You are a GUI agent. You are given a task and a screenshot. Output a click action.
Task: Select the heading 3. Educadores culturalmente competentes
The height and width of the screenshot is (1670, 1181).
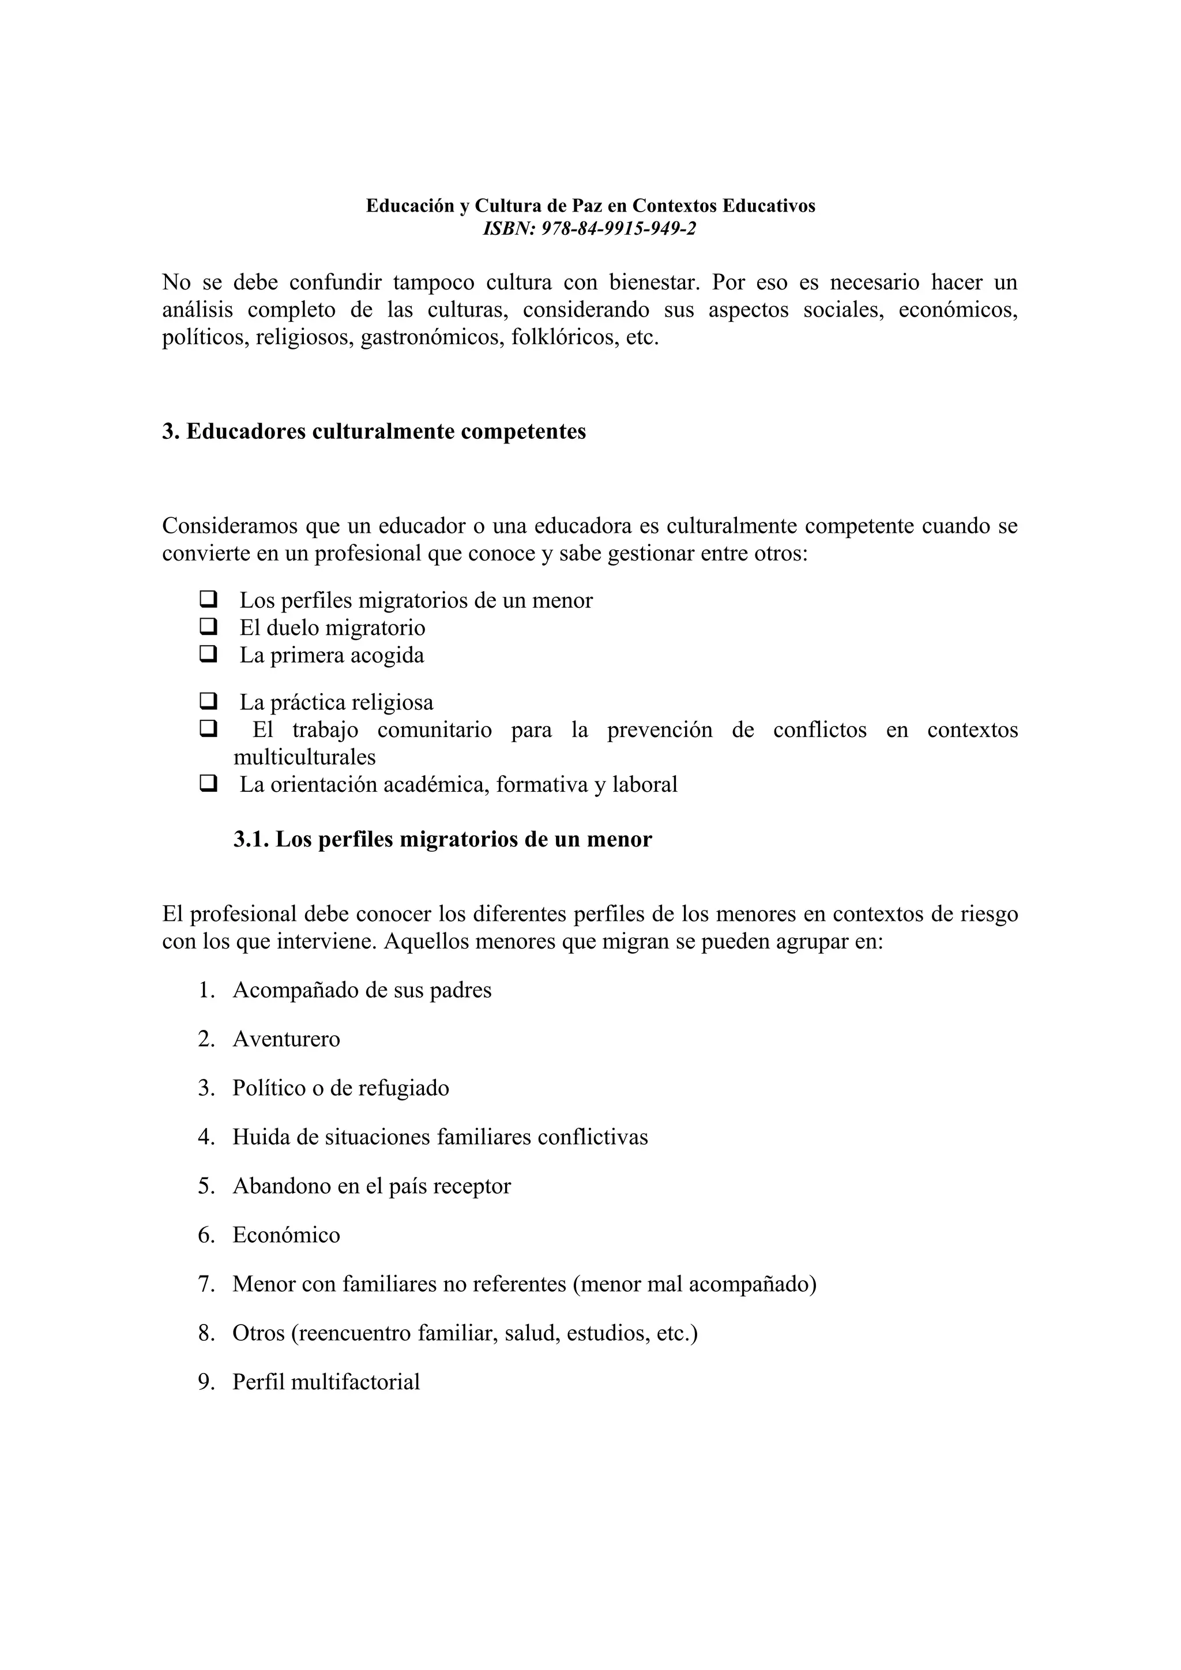(x=374, y=431)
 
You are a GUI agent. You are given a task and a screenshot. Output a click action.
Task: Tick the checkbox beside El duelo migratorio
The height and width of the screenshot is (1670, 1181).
(x=208, y=626)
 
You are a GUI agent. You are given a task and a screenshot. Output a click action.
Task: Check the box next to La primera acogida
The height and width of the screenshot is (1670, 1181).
(x=208, y=654)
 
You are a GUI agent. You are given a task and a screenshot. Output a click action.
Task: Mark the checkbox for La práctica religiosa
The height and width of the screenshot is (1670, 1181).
(x=208, y=701)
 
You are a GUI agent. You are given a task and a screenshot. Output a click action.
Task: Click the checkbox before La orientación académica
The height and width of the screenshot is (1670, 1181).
(x=208, y=783)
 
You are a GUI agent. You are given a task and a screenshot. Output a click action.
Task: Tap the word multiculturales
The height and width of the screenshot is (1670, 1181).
(x=304, y=757)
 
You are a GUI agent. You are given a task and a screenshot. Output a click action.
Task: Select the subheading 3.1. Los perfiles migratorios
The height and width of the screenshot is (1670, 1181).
(x=442, y=840)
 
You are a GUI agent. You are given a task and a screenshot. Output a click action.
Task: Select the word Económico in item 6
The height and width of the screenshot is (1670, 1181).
(x=286, y=1235)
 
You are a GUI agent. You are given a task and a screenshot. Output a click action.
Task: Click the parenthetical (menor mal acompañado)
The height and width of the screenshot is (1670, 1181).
(x=694, y=1284)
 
